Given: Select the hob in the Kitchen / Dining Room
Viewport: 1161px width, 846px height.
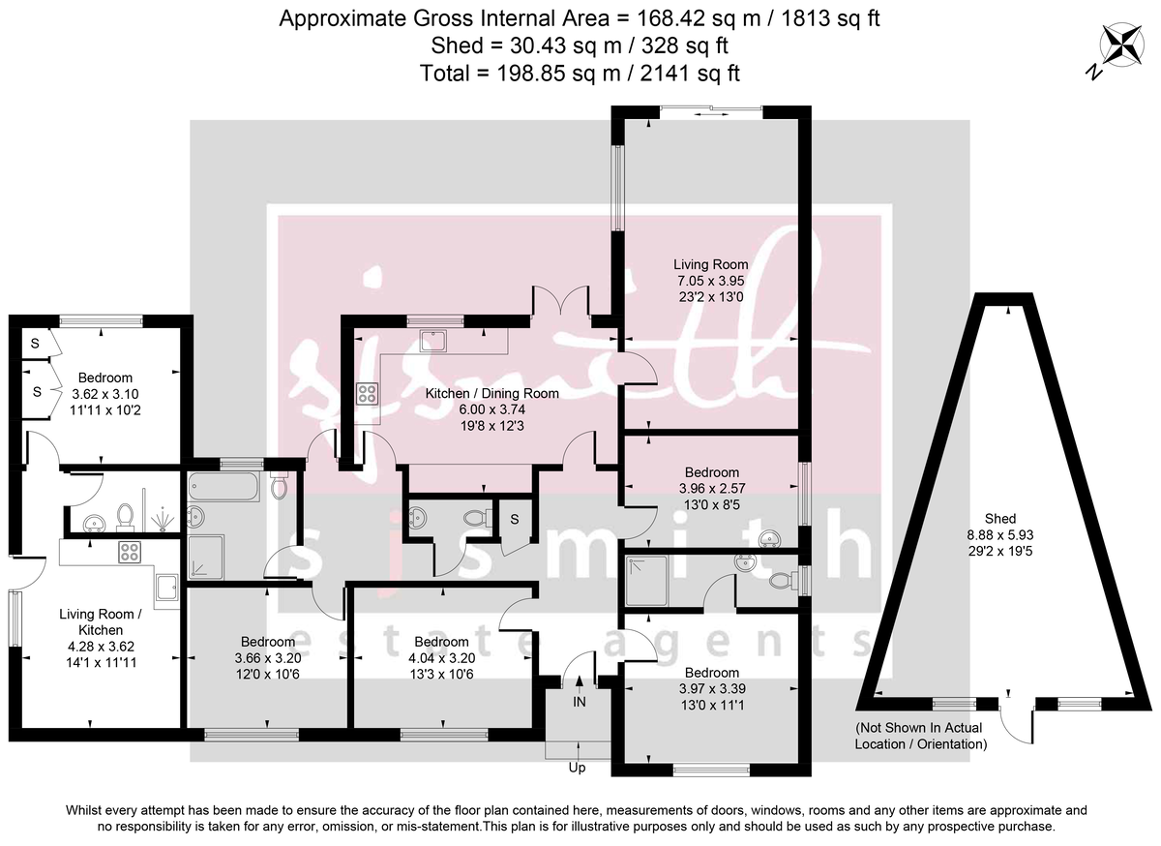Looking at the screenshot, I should coord(368,393).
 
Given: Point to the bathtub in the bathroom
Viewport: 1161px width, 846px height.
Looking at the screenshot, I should coord(224,486).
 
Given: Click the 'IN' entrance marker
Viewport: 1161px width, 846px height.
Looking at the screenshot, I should coord(579,701).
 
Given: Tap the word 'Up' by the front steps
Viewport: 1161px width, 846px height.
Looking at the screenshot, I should coord(578,769).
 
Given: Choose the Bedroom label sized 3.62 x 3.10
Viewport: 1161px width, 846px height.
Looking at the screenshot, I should coord(105,378).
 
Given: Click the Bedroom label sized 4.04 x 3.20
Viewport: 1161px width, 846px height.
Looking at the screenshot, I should coord(441,642).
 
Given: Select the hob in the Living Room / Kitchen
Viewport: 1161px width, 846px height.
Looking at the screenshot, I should coord(131,553).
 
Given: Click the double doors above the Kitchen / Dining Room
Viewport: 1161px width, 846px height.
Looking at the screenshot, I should coord(561,301).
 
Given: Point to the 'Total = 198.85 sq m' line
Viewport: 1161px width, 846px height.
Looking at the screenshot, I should coord(580,73).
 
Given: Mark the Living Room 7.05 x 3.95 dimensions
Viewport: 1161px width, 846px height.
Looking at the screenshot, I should coord(711,281).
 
